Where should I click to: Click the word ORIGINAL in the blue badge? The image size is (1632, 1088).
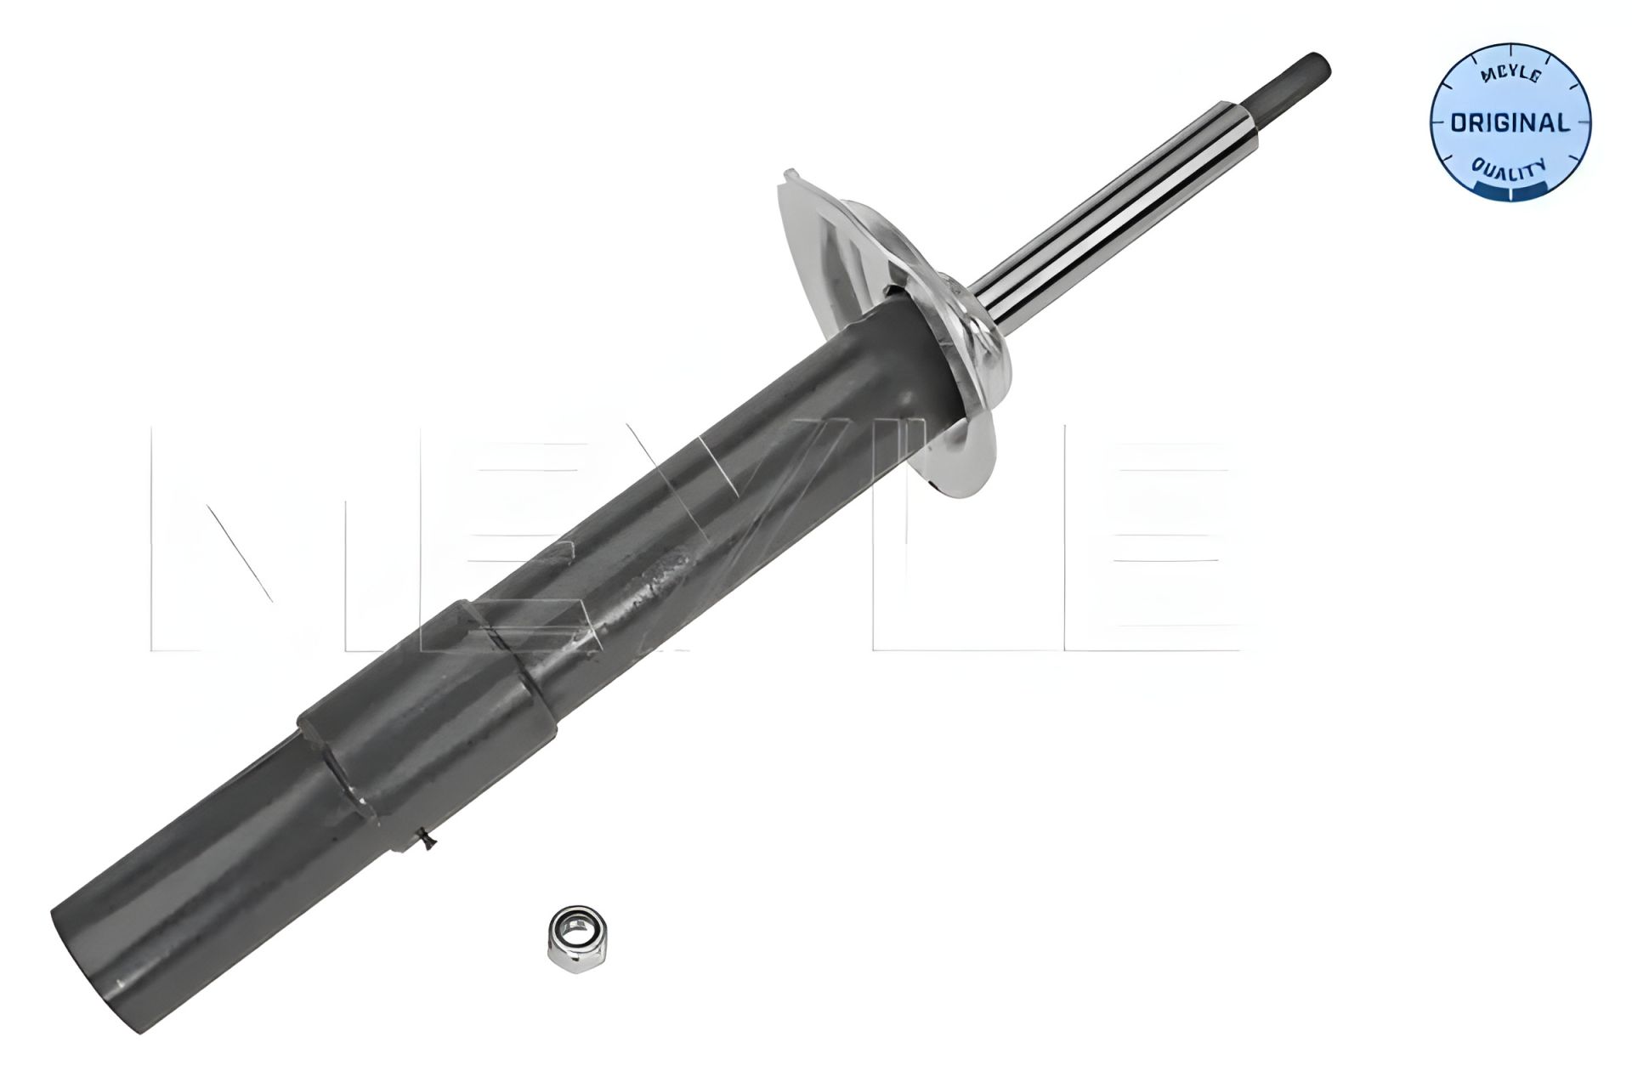(x=1510, y=123)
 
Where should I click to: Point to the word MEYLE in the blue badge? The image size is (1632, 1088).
(x=1510, y=76)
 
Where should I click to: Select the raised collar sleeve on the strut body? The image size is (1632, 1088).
(x=425, y=705)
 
